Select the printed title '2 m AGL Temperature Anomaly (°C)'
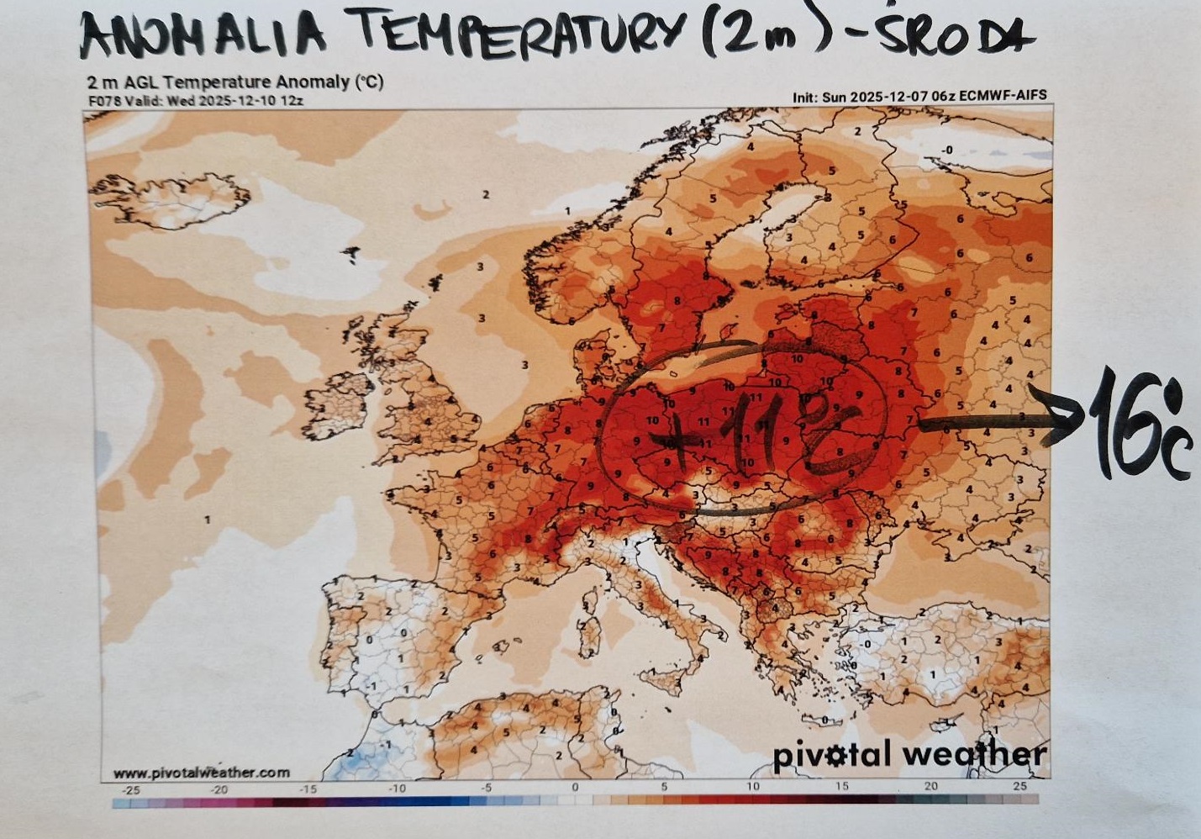coord(235,82)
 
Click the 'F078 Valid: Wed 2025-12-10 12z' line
coord(195,100)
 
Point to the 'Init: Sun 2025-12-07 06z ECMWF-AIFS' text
coord(919,96)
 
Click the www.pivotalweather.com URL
coord(202,773)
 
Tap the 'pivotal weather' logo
coord(909,754)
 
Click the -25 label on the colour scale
coord(131,789)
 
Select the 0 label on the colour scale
coord(575,787)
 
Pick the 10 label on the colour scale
coord(752,787)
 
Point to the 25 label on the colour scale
coord(1019,787)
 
